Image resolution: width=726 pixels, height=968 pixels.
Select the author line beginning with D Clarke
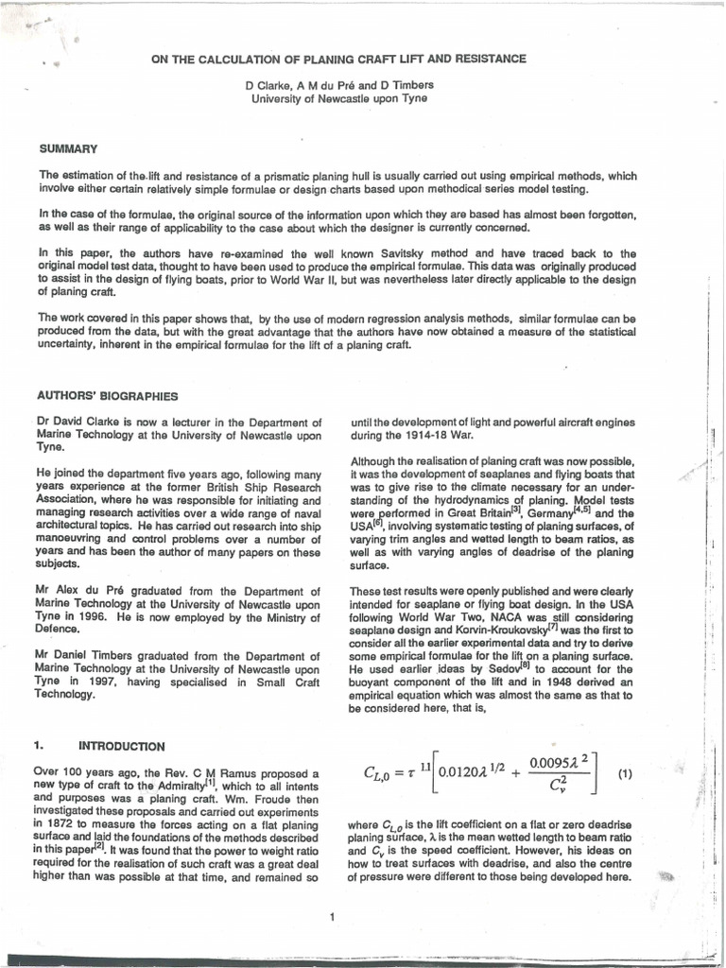tap(338, 85)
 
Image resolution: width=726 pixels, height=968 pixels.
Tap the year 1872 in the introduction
tap(66, 825)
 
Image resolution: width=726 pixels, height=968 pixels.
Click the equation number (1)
tap(623, 773)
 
